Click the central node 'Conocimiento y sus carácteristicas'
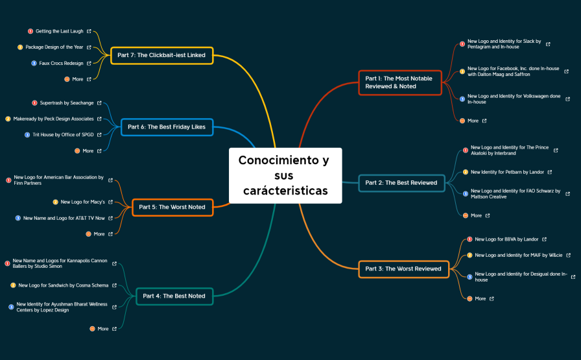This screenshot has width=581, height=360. pos(285,175)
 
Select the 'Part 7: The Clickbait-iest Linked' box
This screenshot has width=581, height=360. pos(162,55)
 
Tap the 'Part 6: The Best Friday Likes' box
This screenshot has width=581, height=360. pos(167,126)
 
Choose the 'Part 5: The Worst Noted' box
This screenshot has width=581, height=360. pos(172,207)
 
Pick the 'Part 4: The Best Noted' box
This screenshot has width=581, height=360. pos(174,296)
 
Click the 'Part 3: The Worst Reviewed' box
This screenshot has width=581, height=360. pos(403,269)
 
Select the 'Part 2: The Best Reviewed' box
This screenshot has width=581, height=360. pos(401,183)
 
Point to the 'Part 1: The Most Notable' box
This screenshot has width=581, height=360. pos(400,82)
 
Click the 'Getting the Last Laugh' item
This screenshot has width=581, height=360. pos(59,31)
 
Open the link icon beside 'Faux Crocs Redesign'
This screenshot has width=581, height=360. pos(89,64)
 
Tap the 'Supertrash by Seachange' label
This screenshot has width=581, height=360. pos(67,102)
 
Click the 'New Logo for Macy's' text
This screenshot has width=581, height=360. pos(82,202)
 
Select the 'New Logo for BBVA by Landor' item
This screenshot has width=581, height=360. pos(506,239)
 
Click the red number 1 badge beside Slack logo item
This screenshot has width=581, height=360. pos(462,44)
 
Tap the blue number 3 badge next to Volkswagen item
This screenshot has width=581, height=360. pos(462,99)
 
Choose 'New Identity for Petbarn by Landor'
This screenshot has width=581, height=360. pos(507,172)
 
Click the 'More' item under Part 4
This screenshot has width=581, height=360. pos(103,329)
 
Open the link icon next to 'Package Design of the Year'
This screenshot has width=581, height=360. pos(89,47)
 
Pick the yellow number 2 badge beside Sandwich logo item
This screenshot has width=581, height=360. pos(13,285)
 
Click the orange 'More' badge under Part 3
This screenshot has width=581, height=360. pos(469,298)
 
